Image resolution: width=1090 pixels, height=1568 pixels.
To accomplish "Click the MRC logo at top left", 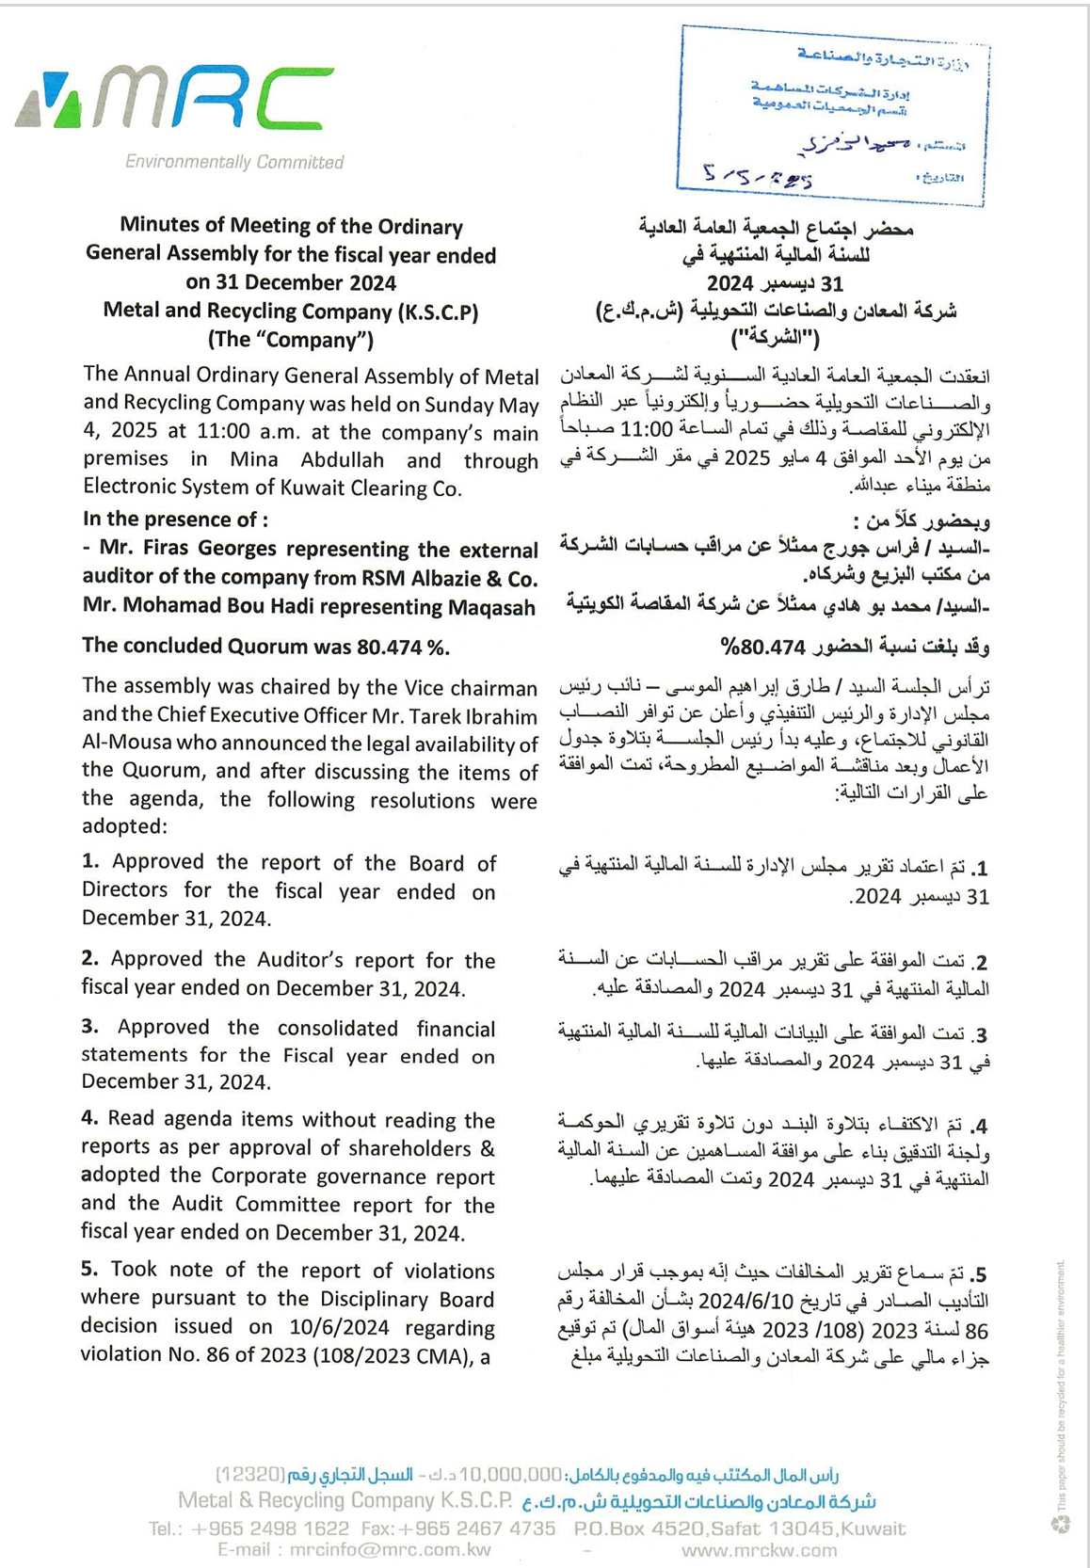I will (175, 99).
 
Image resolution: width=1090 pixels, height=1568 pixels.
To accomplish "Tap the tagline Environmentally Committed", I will (234, 162).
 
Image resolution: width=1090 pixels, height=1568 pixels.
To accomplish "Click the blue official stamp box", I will (832, 115).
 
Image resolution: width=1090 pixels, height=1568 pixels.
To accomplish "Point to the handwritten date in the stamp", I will (758, 176).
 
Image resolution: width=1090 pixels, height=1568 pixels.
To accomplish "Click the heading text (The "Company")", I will (290, 340).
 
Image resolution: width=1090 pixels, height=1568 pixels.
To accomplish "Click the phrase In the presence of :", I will (175, 520).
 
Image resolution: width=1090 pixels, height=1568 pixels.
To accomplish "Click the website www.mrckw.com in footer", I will (759, 1550).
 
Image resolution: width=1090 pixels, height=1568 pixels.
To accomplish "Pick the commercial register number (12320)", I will (250, 1474).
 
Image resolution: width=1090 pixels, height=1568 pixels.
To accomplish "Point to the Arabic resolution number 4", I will (979, 1125).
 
